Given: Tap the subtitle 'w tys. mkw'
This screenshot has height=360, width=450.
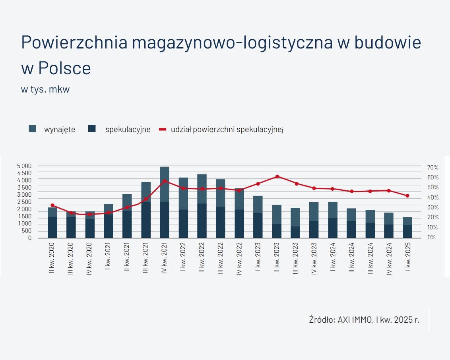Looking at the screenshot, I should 45,89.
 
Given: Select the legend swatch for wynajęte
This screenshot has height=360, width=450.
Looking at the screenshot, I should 33,129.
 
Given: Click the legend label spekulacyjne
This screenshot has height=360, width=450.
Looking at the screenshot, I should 128,129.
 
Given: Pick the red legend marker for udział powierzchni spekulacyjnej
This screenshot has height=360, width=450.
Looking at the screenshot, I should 163,129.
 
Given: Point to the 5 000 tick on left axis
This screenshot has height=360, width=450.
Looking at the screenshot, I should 24,165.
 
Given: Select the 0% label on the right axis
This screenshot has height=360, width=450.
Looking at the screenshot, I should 431,238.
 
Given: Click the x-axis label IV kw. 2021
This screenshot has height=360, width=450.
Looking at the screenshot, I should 165,258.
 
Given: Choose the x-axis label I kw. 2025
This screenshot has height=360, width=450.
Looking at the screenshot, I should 408,259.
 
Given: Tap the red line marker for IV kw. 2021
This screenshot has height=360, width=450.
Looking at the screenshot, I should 165,181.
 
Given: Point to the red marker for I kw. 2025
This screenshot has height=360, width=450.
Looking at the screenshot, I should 407,195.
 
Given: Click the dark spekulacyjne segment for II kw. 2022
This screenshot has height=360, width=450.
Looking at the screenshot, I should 202,221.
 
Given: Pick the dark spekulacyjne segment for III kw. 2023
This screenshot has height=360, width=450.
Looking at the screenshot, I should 296,232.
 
